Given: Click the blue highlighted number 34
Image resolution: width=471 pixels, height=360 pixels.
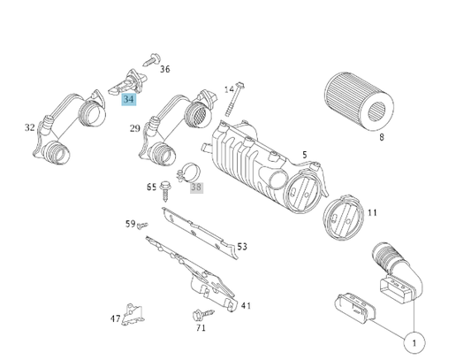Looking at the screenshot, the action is (x=129, y=99).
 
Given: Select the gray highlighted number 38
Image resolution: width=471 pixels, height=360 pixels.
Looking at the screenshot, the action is (x=196, y=188).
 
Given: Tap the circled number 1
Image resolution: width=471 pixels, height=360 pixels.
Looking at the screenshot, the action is (x=414, y=342).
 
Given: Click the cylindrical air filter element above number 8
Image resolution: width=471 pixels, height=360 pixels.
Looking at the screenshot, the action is (x=359, y=102).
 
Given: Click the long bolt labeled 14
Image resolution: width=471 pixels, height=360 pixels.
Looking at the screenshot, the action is (x=234, y=99).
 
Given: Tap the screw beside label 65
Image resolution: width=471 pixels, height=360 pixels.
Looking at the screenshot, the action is (x=164, y=191).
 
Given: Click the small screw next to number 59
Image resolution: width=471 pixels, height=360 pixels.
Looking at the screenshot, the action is (x=142, y=226).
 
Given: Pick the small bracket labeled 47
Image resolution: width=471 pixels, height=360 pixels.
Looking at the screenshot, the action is (x=133, y=314).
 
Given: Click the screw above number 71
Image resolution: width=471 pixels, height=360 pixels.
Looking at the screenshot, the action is (x=202, y=314).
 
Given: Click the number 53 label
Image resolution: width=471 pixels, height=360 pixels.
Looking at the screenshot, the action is (x=242, y=247).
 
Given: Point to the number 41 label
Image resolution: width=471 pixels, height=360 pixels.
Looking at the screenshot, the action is (x=246, y=305).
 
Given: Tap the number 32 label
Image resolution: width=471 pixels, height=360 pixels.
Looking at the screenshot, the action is (x=30, y=127).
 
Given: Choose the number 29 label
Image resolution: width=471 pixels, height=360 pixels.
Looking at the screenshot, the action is (x=135, y=128).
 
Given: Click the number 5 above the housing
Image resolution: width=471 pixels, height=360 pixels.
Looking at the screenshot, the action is (x=305, y=155).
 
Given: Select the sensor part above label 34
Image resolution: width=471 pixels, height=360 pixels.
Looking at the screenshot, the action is (x=127, y=82).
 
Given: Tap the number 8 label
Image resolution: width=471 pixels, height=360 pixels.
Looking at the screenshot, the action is (x=382, y=137).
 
